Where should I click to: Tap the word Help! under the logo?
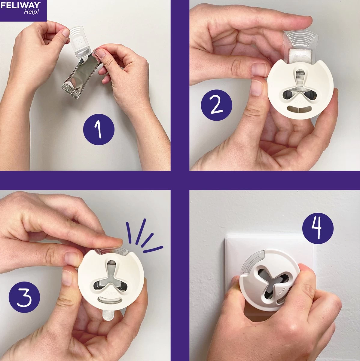coord(32,12)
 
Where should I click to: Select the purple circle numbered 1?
coord(99,129)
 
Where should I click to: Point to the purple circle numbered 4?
coord(318,228)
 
